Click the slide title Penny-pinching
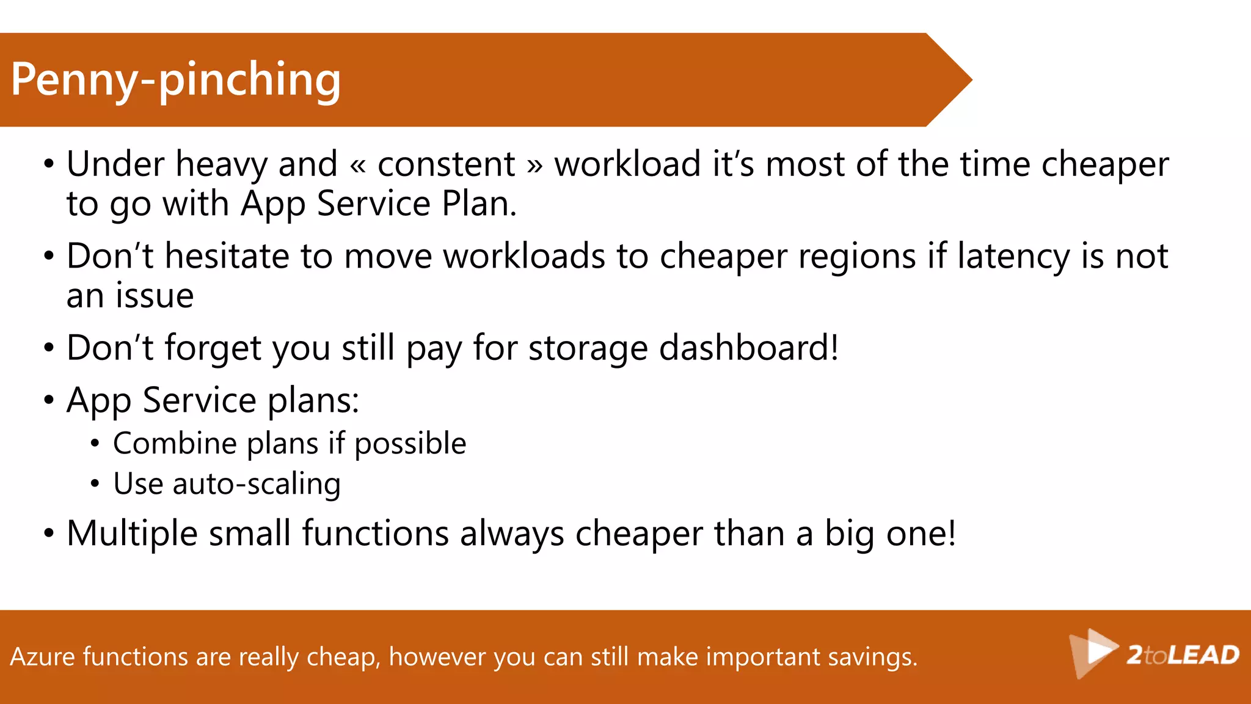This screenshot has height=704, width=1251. pyautogui.click(x=175, y=80)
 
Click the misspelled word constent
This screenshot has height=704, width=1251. pyautogui.click(x=447, y=164)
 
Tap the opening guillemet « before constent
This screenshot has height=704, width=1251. pyautogui.click(x=358, y=166)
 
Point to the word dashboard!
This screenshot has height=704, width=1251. pyautogui.click(x=749, y=348)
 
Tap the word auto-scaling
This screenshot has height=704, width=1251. pyautogui.click(x=257, y=484)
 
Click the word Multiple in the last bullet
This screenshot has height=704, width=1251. pyautogui.click(x=132, y=533)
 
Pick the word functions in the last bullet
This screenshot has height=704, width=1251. pyautogui.click(x=375, y=533)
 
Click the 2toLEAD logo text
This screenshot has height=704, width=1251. pyautogui.click(x=1183, y=655)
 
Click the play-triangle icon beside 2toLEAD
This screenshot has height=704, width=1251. pyautogui.click(x=1094, y=651)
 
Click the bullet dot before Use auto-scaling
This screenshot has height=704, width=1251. pyautogui.click(x=95, y=484)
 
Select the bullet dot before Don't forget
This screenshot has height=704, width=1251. pyautogui.click(x=49, y=348)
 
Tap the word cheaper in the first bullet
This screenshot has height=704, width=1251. pyautogui.click(x=1104, y=164)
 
